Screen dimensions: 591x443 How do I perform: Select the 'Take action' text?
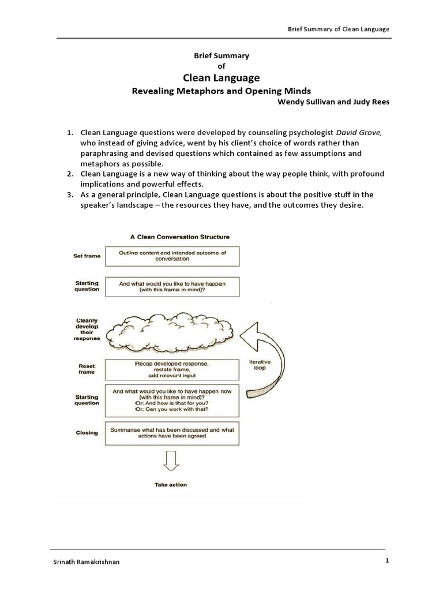coord(171,485)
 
